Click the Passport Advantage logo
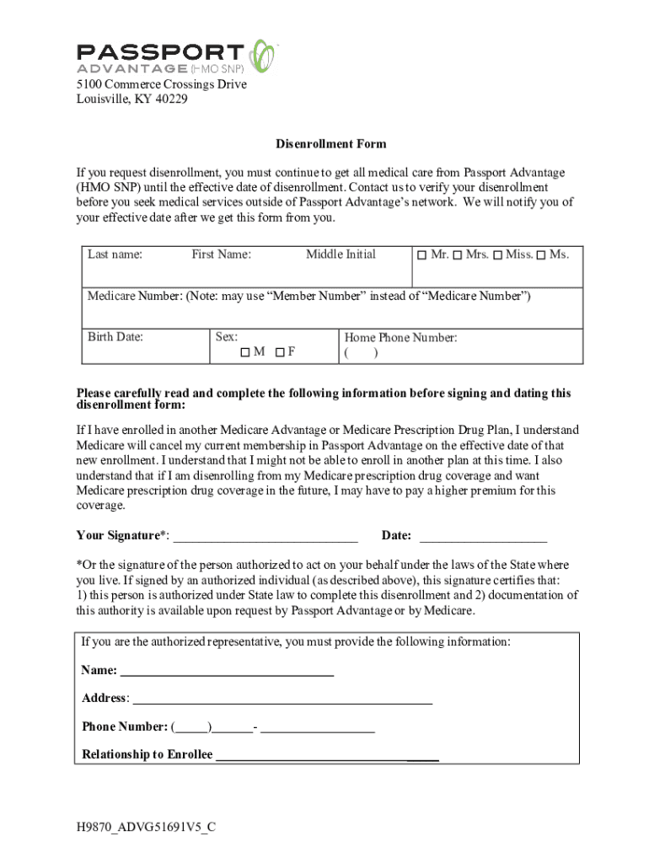176,56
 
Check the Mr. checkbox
422,255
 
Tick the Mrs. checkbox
458,255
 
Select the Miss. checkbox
497,255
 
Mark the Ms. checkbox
540,255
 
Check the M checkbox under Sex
245,352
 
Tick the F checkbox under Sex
278,352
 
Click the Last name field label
115,255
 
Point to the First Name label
221,255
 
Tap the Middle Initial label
341,255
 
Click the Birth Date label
115,337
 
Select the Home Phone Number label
400,337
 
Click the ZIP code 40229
170,99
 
